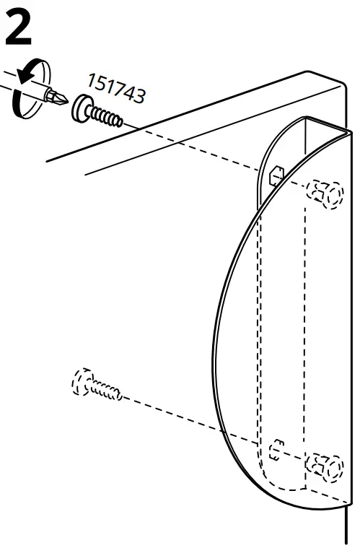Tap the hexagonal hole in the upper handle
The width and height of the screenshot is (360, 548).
(x=275, y=175)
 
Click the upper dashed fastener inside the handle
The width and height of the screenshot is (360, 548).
(x=325, y=193)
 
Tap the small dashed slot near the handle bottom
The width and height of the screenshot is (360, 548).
(x=275, y=449)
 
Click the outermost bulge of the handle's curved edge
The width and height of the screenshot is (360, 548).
(x=214, y=347)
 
